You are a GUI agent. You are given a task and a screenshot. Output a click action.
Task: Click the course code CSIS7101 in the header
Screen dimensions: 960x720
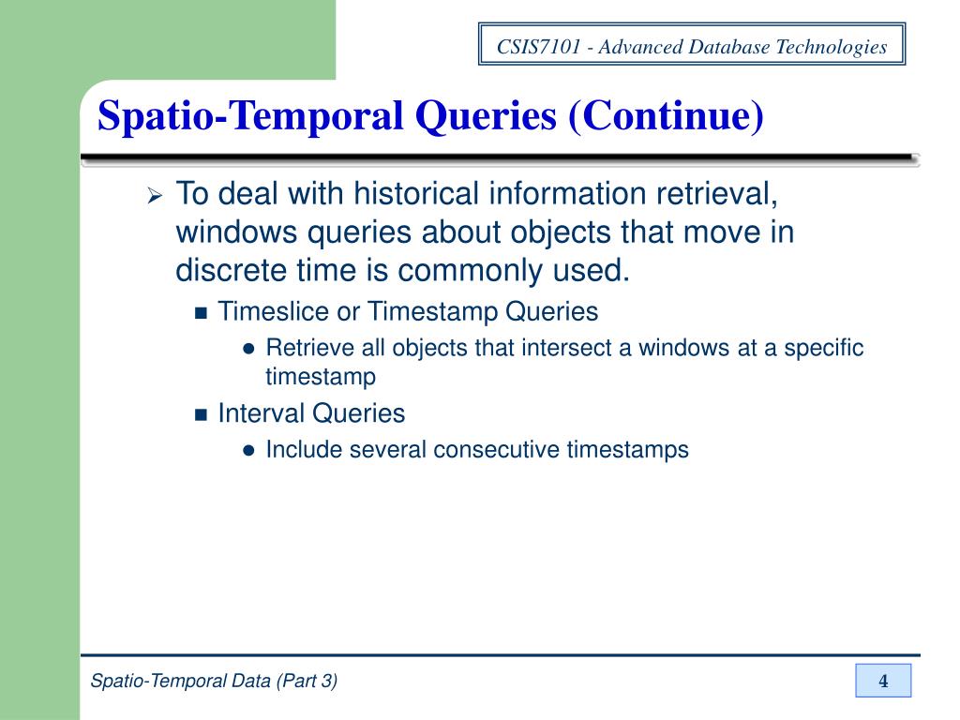(538, 47)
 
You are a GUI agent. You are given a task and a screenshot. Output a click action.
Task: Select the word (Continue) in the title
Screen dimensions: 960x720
(667, 115)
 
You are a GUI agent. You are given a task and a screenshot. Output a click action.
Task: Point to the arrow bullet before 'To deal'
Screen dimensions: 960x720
(155, 196)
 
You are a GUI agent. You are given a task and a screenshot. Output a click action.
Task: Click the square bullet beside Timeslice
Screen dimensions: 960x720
(201, 313)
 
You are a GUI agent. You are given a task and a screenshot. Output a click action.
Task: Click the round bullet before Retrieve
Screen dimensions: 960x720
(247, 349)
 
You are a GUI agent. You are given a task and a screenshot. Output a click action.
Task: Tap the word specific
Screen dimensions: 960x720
(823, 348)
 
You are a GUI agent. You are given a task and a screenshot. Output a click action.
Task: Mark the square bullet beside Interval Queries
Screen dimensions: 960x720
(201, 415)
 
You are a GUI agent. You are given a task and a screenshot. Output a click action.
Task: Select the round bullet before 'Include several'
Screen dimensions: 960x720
(247, 451)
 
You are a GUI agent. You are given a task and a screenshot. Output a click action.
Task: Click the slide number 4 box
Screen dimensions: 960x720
(883, 681)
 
